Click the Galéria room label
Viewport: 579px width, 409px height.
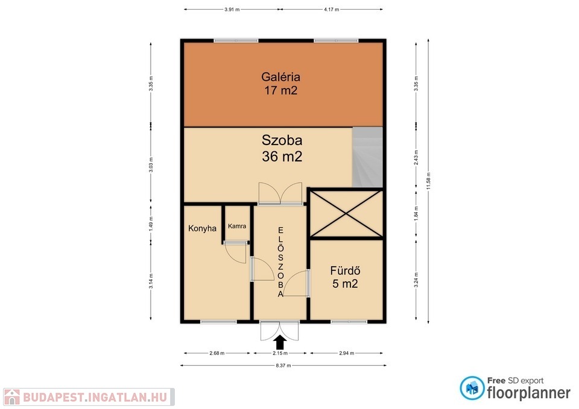pyautogui.click(x=280, y=77)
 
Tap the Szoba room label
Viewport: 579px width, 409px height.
pyautogui.click(x=282, y=140)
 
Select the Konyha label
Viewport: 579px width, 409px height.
pyautogui.click(x=203, y=228)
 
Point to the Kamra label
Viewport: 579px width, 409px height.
pyautogui.click(x=237, y=226)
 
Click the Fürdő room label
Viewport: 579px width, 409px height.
pyautogui.click(x=345, y=270)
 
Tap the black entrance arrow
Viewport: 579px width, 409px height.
pyautogui.click(x=280, y=342)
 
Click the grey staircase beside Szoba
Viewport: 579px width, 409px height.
pyautogui.click(x=367, y=157)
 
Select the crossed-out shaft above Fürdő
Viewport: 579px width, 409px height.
pyautogui.click(x=346, y=214)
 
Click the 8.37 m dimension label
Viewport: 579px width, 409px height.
pyautogui.click(x=283, y=366)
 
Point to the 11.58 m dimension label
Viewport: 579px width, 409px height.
pyautogui.click(x=428, y=181)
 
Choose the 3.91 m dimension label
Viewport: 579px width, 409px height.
pyautogui.click(x=232, y=10)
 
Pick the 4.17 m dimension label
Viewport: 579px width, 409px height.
pyautogui.click(x=332, y=10)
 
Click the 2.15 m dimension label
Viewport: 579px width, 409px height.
pyautogui.click(x=280, y=354)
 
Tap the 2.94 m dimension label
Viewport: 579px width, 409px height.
pyautogui.click(x=347, y=354)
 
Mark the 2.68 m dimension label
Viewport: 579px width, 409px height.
pyautogui.click(x=217, y=354)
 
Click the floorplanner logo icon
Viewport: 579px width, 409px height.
pyautogui.click(x=472, y=388)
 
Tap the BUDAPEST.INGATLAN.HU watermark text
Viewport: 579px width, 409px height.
pyautogui.click(x=95, y=397)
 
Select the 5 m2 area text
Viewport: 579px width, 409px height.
pyautogui.click(x=345, y=284)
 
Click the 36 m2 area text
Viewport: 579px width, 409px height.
pyautogui.click(x=282, y=157)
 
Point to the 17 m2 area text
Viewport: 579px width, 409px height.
pyautogui.click(x=280, y=91)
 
